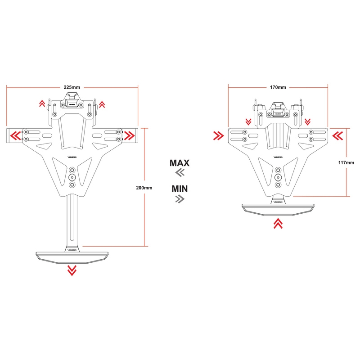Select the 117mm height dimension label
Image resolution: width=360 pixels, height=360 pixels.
point(346,162)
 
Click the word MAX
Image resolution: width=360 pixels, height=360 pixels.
point(180,163)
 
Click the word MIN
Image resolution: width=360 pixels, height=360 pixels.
point(180,188)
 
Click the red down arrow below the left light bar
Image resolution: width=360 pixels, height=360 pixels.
point(71,270)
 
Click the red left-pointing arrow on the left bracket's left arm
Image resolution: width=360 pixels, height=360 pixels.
point(15,135)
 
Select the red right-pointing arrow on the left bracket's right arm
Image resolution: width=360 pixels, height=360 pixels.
point(129,135)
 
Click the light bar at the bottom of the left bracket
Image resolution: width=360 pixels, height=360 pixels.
point(71,256)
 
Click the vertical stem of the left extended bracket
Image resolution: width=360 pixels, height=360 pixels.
point(71,220)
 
